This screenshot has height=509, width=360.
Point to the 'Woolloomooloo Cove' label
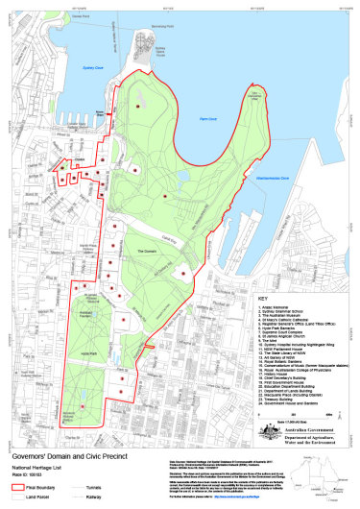pos(273,179)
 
